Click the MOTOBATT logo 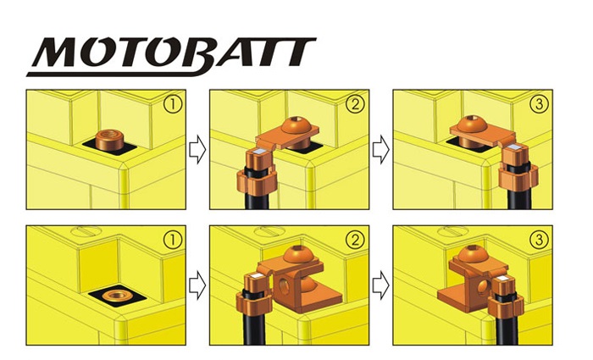pos(171,57)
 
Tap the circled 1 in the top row pos(173,104)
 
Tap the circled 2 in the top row pos(355,104)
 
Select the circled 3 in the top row pos(539,104)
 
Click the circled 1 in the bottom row pos(173,240)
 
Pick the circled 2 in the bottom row pos(355,240)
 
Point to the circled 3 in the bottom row pos(539,240)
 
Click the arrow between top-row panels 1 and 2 pos(197,150)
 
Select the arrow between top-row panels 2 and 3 pos(381,150)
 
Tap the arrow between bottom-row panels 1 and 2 pos(197,285)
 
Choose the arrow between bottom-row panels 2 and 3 pos(381,285)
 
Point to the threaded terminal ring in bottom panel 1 pos(117,296)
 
